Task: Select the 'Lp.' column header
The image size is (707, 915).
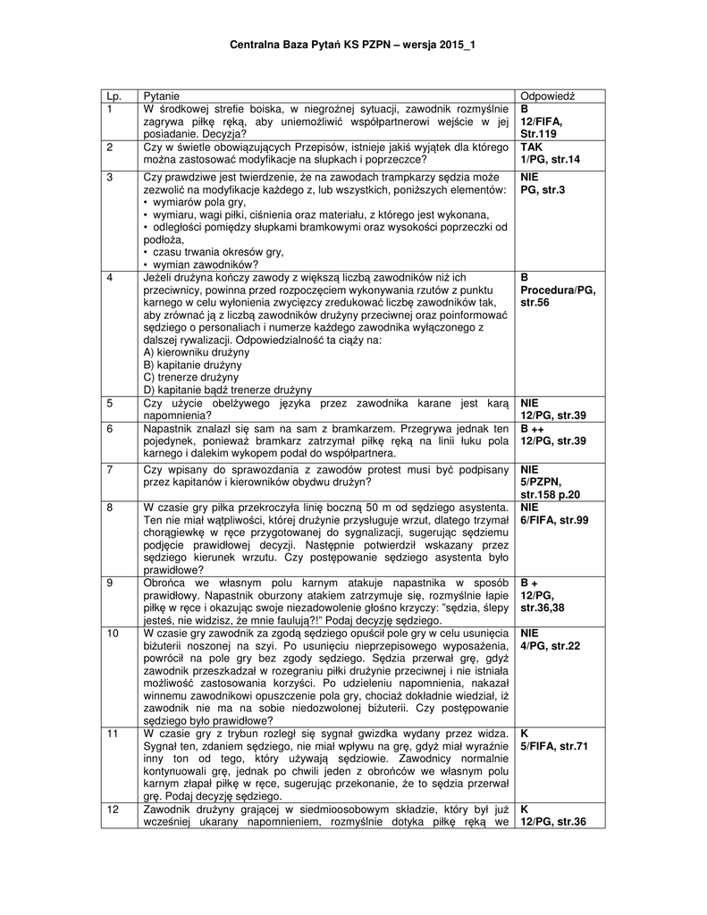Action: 113,96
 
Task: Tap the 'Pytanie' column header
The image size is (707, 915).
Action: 161,96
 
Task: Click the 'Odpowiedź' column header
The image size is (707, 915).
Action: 547,96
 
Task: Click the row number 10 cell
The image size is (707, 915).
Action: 113,633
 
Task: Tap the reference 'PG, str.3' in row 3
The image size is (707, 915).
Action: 544,190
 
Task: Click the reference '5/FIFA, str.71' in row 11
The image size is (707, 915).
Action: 553,746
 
